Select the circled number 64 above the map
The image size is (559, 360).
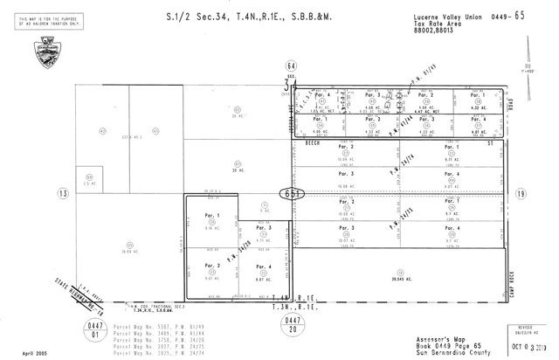tap(291, 65)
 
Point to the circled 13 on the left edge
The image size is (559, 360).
tap(63, 193)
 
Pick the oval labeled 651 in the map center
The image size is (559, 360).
tap(290, 194)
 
